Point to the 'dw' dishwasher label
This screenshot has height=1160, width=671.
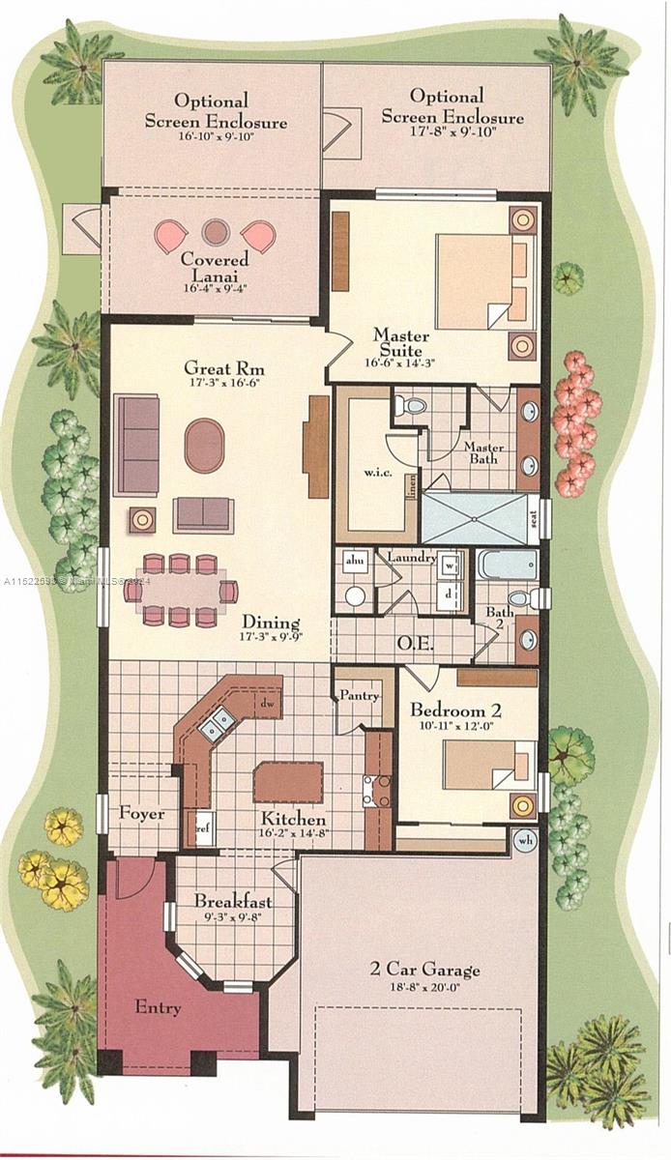tap(264, 705)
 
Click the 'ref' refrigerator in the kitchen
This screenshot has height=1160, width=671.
tap(204, 828)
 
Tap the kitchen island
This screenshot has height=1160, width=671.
tap(288, 782)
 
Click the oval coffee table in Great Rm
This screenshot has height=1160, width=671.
tap(204, 446)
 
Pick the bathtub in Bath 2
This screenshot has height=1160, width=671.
tap(507, 564)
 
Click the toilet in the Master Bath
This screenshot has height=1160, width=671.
tap(412, 405)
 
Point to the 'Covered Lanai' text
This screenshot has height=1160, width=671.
tap(215, 268)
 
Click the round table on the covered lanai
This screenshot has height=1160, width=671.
tap(215, 231)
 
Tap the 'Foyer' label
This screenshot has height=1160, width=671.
tap(141, 814)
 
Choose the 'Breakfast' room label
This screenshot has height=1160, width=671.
tap(233, 901)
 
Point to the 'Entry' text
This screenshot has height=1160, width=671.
tap(158, 1008)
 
